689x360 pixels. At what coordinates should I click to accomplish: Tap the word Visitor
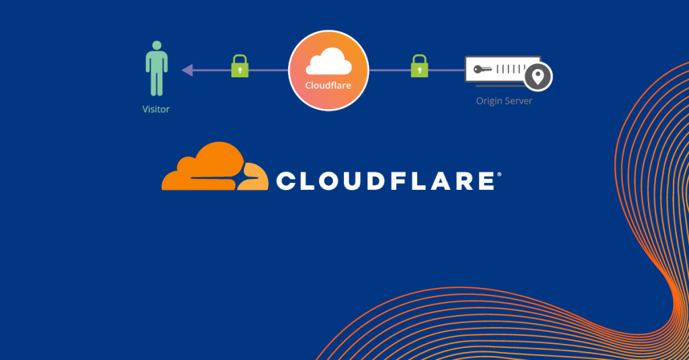pos(156,109)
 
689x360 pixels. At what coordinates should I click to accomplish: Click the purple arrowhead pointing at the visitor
pos(187,70)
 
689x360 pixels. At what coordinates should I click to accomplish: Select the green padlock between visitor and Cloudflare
pos(240,66)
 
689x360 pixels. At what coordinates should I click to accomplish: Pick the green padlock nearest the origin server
pos(419,66)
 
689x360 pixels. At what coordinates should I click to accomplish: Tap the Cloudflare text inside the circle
pos(328,85)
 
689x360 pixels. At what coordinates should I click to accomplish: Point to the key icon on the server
pos(482,69)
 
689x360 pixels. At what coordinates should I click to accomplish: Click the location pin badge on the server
pos(538,77)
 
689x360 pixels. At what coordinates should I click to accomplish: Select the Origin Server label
pos(504,101)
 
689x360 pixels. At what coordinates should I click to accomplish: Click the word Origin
pos(488,101)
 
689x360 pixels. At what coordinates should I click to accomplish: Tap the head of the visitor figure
pos(157,45)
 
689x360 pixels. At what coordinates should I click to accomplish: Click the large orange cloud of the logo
pos(206,166)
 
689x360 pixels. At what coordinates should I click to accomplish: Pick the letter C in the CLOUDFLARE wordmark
pos(287,181)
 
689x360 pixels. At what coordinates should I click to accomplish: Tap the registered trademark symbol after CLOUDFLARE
pos(499,174)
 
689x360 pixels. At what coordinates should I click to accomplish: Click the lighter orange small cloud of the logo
pos(253,177)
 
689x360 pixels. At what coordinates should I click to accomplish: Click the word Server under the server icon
pos(519,101)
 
